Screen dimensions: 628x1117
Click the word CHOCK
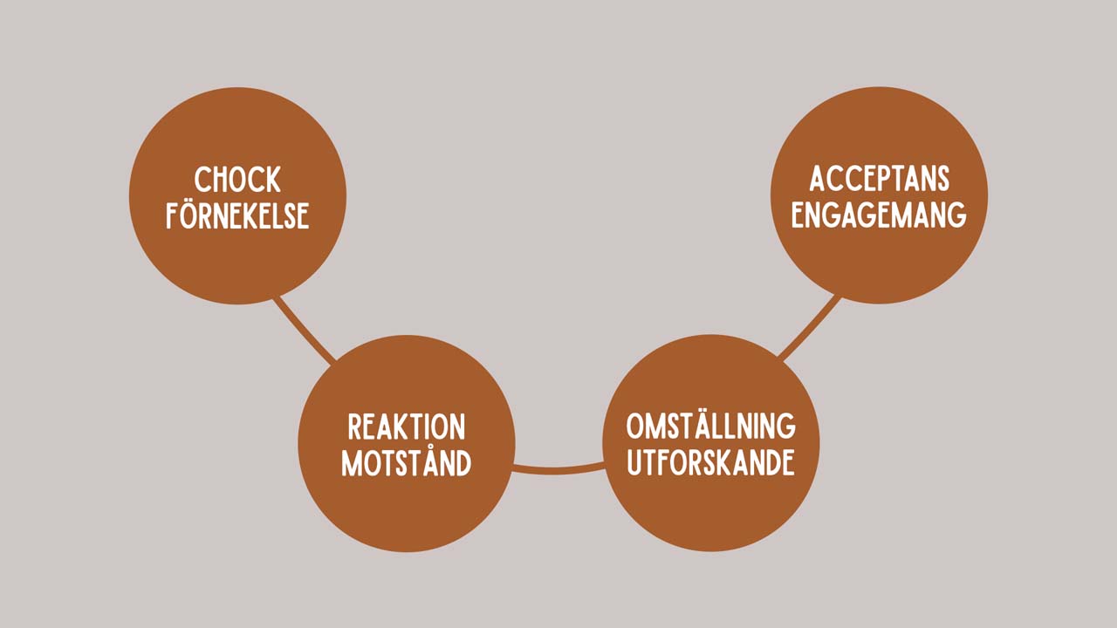click(237, 180)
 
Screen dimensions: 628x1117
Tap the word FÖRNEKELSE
click(237, 215)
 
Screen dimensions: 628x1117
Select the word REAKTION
click(407, 427)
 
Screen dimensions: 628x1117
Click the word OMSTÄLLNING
click(711, 427)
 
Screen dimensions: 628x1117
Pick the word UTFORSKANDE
click(711, 462)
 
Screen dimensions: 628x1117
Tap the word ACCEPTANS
click(879, 179)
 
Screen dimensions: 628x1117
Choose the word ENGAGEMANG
click(879, 215)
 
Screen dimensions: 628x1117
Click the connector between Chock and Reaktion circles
click(304, 331)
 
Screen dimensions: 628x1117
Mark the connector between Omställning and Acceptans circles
click(810, 329)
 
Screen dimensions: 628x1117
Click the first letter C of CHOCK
click(202, 180)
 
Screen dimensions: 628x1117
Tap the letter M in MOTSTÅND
click(352, 462)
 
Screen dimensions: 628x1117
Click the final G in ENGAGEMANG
click(958, 215)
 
